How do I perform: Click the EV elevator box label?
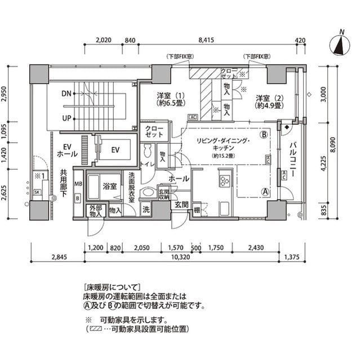[x=115, y=150]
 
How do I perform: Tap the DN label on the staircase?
[x=67, y=94]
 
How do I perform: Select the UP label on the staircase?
[x=67, y=119]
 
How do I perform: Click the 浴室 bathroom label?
[x=109, y=186]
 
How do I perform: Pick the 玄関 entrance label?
[x=181, y=204]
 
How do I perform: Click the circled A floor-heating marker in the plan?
[x=264, y=191]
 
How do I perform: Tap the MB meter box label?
[x=78, y=184]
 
